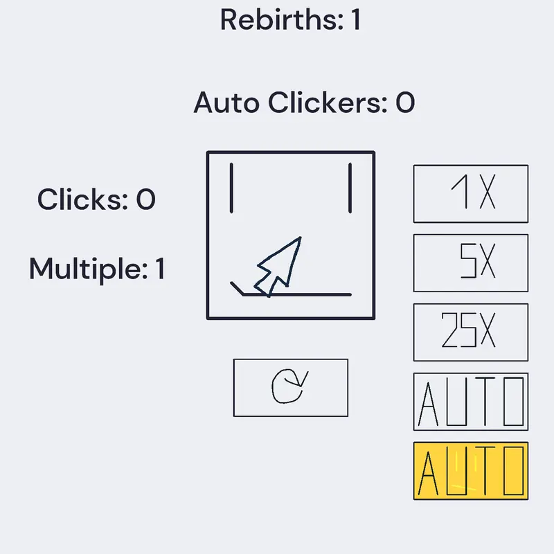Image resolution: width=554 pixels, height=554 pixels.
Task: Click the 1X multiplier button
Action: pyautogui.click(x=471, y=194)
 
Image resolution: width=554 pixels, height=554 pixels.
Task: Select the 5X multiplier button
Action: pyautogui.click(x=471, y=263)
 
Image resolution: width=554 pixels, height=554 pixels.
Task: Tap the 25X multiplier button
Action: pyautogui.click(x=471, y=332)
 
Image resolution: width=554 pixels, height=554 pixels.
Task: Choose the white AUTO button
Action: pyautogui.click(x=471, y=402)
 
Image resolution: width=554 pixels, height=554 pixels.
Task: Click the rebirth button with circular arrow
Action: pyautogui.click(x=290, y=388)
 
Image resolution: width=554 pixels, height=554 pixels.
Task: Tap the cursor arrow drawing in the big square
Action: pyautogui.click(x=278, y=267)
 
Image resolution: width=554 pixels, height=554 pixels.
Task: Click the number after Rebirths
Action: pyautogui.click(x=356, y=20)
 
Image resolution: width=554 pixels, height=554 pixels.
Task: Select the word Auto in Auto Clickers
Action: pyautogui.click(x=226, y=102)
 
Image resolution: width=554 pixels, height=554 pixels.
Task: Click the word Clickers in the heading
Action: pyautogui.click(x=328, y=102)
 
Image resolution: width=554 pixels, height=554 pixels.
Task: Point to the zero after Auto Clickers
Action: pyautogui.click(x=405, y=102)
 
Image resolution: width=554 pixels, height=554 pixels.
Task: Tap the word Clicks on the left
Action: pyautogui.click(x=82, y=199)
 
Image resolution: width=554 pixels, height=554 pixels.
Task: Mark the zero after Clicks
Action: pyautogui.click(x=146, y=199)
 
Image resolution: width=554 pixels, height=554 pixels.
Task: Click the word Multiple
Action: pyautogui.click(x=89, y=269)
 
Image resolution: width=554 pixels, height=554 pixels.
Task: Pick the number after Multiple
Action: pyautogui.click(x=160, y=269)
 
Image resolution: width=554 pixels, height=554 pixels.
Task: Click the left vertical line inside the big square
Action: pyautogui.click(x=231, y=188)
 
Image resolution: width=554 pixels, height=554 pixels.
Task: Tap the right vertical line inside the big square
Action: pyautogui.click(x=350, y=188)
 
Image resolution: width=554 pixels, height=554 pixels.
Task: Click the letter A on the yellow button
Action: pyautogui.click(x=428, y=474)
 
